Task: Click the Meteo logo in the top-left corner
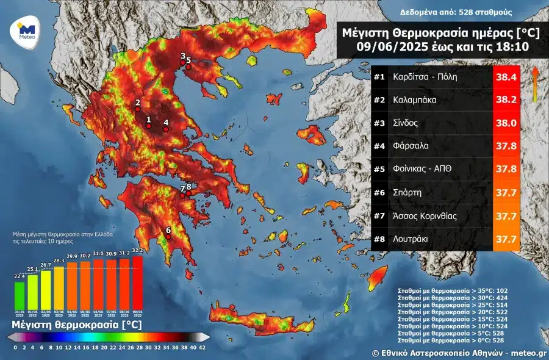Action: pyautogui.click(x=26, y=30)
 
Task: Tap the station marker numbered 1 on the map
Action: pyautogui.click(x=148, y=127)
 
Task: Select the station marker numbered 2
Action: pyautogui.click(x=138, y=110)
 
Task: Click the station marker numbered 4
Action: pyautogui.click(x=165, y=129)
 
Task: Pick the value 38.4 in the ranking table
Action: pyautogui.click(x=506, y=77)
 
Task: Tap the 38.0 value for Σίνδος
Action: pyautogui.click(x=506, y=123)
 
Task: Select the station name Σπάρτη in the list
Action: pyautogui.click(x=410, y=192)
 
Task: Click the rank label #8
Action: pyautogui.click(x=379, y=239)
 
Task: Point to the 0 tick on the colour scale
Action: pyautogui.click(x=15, y=347)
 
